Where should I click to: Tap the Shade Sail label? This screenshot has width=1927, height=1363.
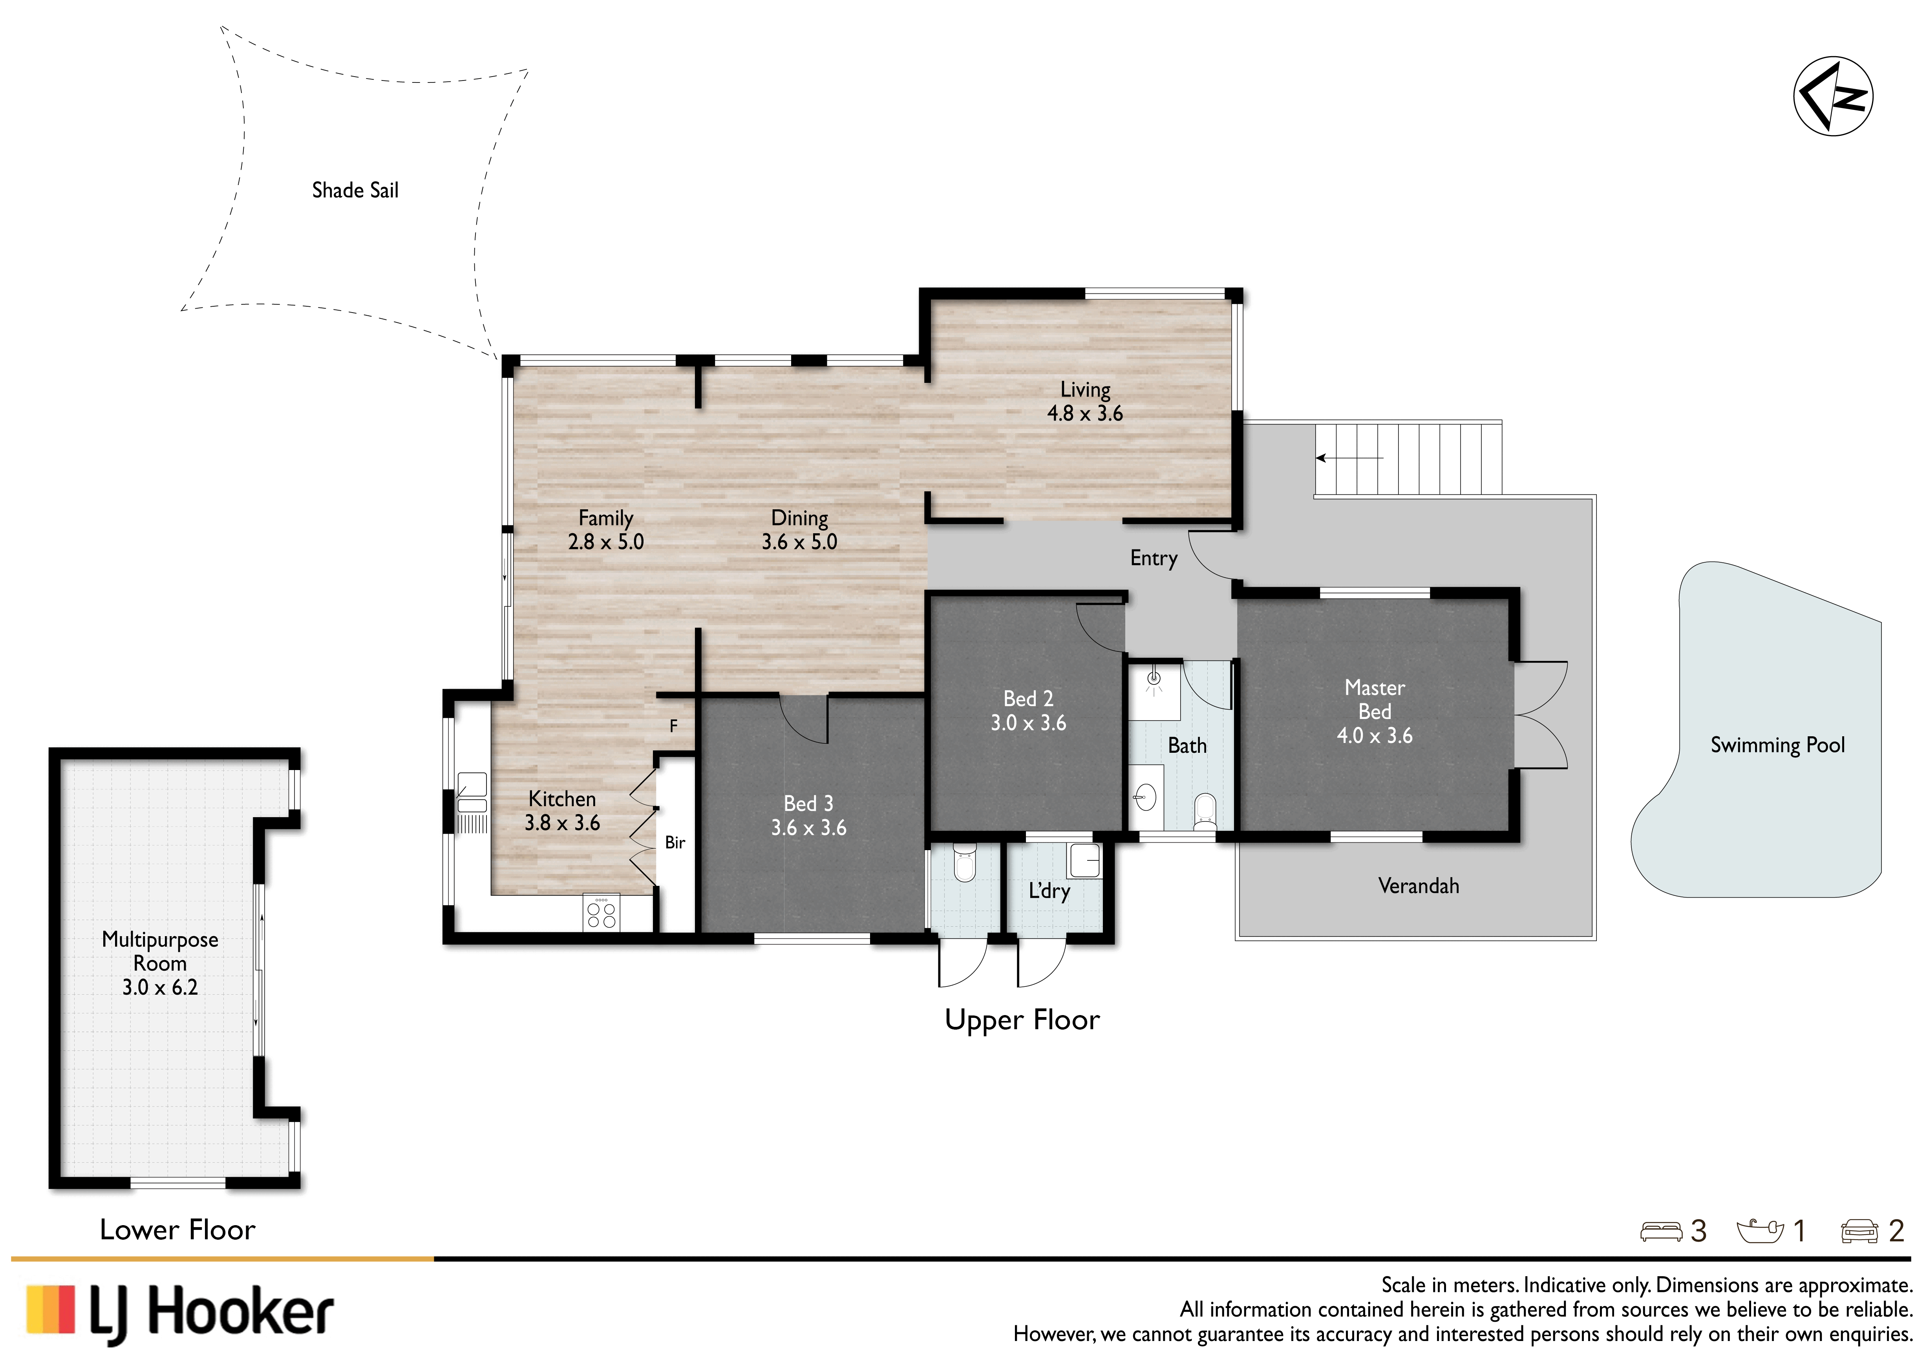355,190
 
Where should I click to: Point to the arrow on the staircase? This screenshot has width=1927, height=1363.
1349,458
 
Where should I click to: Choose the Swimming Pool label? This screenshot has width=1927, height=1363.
1778,745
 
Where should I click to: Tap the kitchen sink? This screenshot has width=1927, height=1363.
472,793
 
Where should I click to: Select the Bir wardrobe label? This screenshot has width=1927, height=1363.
675,842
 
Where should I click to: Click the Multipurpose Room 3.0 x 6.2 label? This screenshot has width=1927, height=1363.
160,964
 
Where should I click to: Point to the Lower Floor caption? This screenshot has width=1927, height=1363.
177,1229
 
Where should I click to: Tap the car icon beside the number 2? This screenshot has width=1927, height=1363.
1859,1231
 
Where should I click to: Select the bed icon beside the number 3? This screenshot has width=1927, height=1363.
1661,1231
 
